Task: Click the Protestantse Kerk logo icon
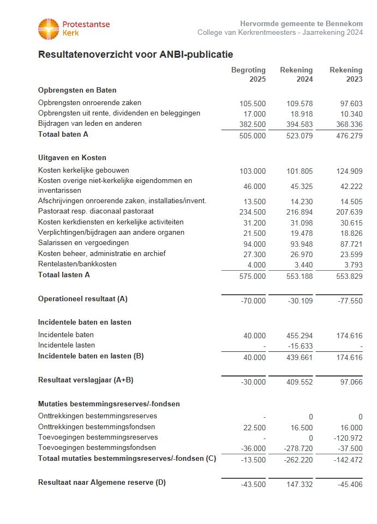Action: tap(48, 29)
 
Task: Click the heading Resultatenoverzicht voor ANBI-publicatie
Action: tap(135, 54)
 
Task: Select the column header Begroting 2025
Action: tap(248, 75)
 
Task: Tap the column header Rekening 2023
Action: tap(346, 75)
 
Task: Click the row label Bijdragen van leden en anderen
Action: tap(89, 124)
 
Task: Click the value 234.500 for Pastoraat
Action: tap(253, 212)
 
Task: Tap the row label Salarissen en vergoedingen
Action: tap(83, 243)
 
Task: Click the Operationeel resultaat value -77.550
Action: tap(349, 301)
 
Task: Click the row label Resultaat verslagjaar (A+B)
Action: tap(86, 380)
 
